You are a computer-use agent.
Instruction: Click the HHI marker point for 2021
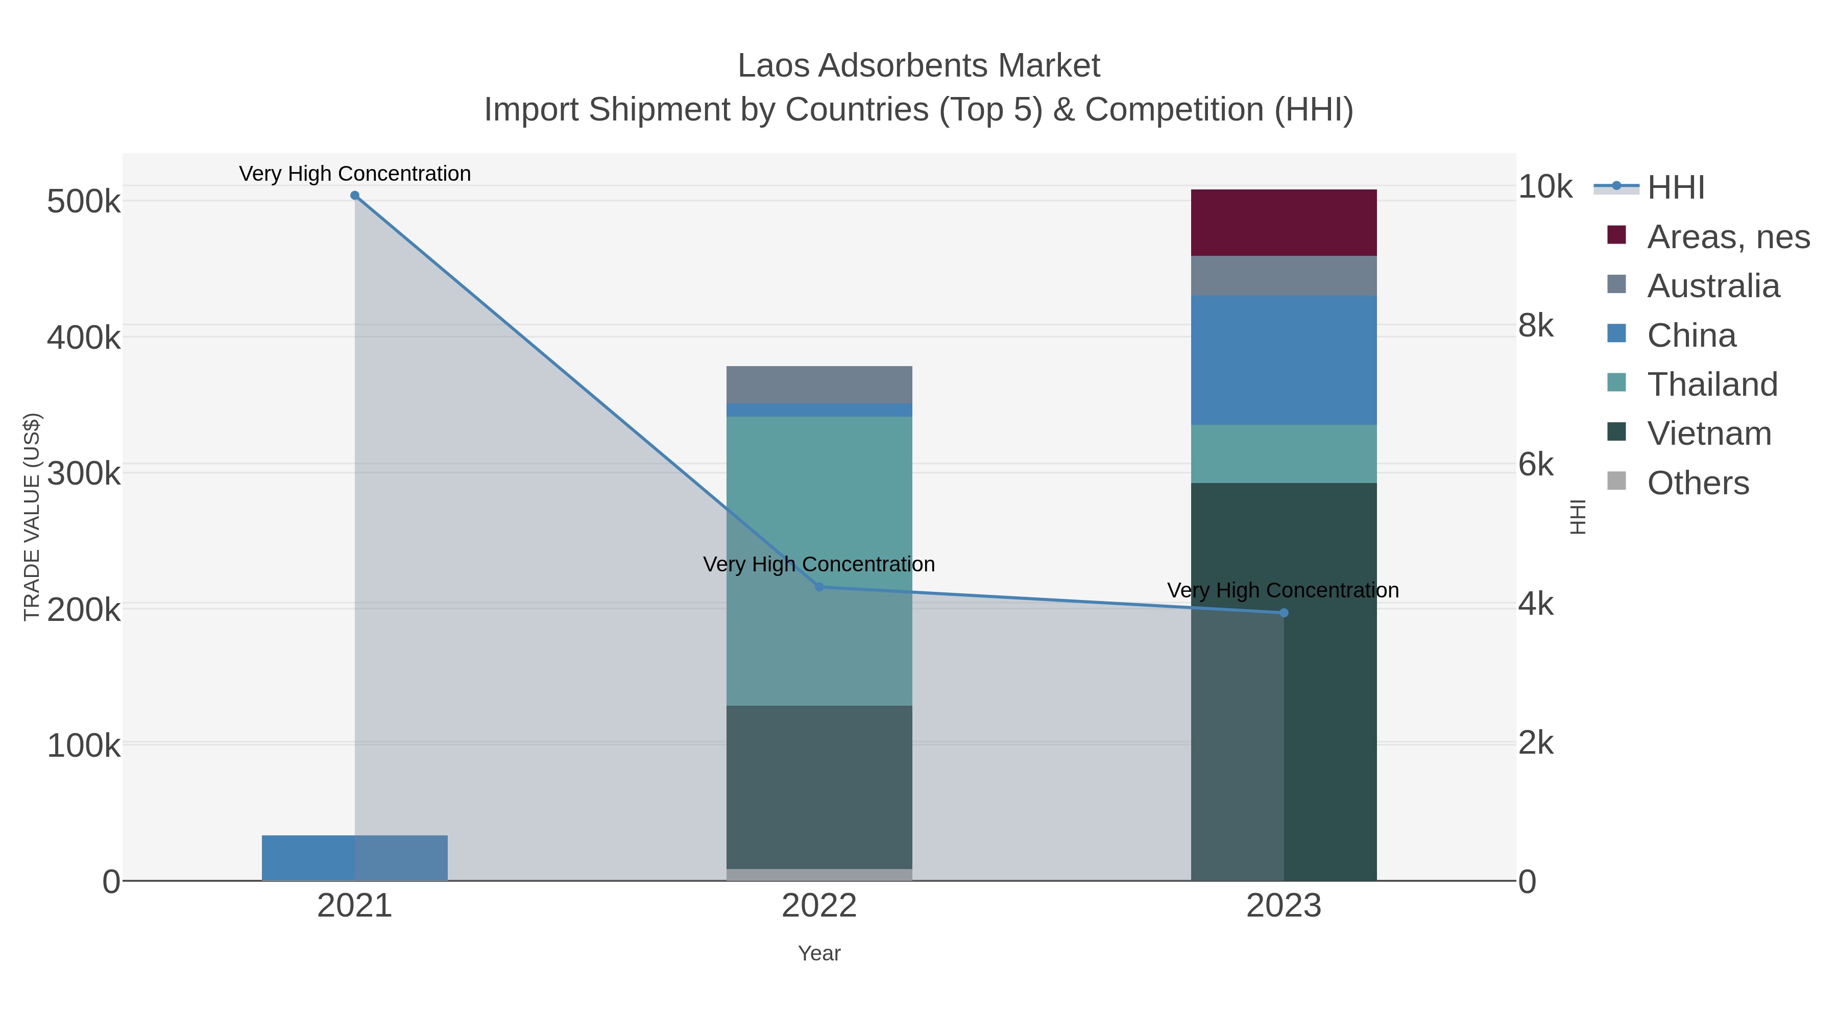pyautogui.click(x=355, y=196)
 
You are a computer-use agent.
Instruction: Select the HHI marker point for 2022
pyautogui.click(x=819, y=587)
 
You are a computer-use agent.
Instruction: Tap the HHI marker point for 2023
pyautogui.click(x=1284, y=612)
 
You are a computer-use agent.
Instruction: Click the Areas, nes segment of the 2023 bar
pyautogui.click(x=1284, y=223)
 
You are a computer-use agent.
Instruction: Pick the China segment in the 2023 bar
pyautogui.click(x=1284, y=360)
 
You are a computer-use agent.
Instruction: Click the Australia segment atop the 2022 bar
pyautogui.click(x=819, y=384)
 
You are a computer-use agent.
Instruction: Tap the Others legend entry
pyautogui.click(x=1698, y=483)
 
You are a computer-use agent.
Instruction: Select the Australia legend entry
pyautogui.click(x=1712, y=286)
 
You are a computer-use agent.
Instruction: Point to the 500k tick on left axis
pyautogui.click(x=84, y=202)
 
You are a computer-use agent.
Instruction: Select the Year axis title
pyautogui.click(x=819, y=953)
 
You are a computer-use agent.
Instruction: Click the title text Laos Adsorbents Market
pyautogui.click(x=918, y=66)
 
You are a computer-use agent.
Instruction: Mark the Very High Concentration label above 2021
pyautogui.click(x=355, y=174)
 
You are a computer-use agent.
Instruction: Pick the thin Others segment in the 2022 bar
pyautogui.click(x=819, y=874)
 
